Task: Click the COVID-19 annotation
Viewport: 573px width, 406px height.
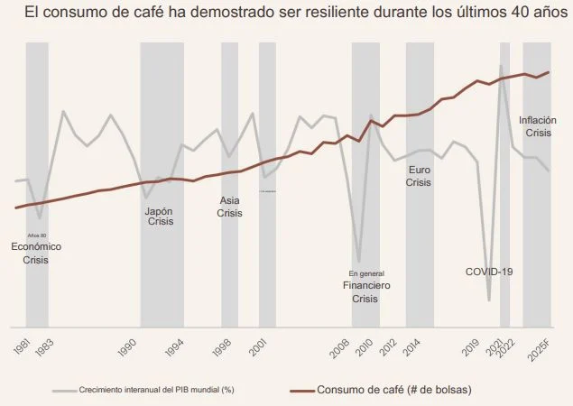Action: pos(488,272)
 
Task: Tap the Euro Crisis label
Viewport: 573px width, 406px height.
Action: pos(419,176)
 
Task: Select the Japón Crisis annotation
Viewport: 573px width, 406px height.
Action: pos(160,217)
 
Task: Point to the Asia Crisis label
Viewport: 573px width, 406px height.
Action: pos(230,208)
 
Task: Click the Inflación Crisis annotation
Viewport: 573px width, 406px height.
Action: pos(538,126)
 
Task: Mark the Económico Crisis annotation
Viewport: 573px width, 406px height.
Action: pos(36,253)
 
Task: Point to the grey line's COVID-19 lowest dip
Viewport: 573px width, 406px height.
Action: pos(489,300)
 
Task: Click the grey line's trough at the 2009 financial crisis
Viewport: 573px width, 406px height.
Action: pos(359,262)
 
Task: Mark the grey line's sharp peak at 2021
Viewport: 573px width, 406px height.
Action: pos(501,65)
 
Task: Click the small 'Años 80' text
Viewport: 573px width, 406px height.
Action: pos(37,235)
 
